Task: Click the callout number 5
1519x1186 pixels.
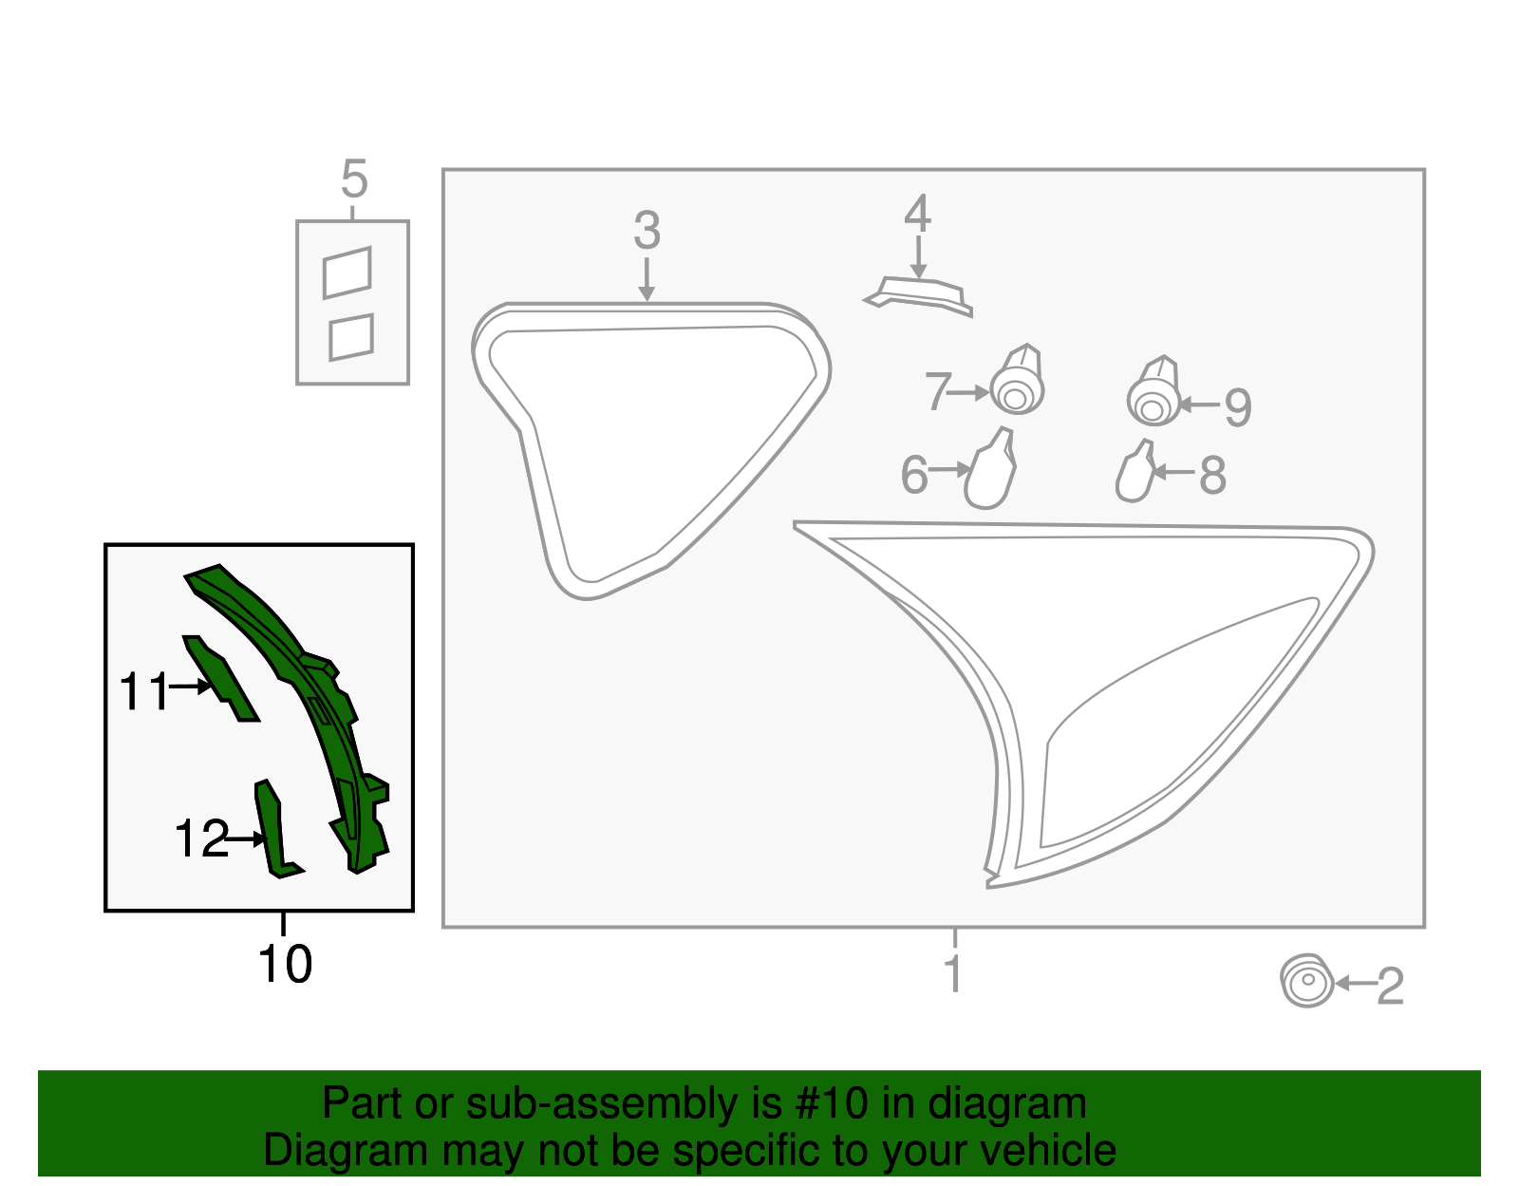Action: pyautogui.click(x=354, y=179)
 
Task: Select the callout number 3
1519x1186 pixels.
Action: pyautogui.click(x=647, y=231)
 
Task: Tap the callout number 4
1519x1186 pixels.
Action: pyautogui.click(x=917, y=214)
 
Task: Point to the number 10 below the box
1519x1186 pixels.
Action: pyautogui.click(x=285, y=965)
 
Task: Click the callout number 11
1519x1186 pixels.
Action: pyautogui.click(x=144, y=691)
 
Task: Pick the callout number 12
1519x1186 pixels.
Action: pyautogui.click(x=201, y=838)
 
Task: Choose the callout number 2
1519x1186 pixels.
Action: pyautogui.click(x=1390, y=987)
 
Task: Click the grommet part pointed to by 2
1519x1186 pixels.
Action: pyautogui.click(x=1307, y=981)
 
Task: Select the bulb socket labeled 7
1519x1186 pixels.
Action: pyautogui.click(x=1018, y=380)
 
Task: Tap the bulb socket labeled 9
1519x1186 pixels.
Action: pyautogui.click(x=1153, y=391)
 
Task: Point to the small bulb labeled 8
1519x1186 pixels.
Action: pyautogui.click(x=1135, y=471)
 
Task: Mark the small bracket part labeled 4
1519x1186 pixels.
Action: pyautogui.click(x=919, y=295)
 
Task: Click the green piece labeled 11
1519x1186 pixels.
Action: pyautogui.click(x=220, y=677)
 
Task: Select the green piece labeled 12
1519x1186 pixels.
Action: pyautogui.click(x=274, y=830)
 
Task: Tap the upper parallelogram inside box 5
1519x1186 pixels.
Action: pyautogui.click(x=347, y=273)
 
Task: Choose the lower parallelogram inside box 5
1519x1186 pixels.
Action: pyautogui.click(x=351, y=337)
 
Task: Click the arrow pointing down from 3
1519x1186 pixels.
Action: pyautogui.click(x=647, y=279)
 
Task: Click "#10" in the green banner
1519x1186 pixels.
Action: pyautogui.click(x=831, y=1103)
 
